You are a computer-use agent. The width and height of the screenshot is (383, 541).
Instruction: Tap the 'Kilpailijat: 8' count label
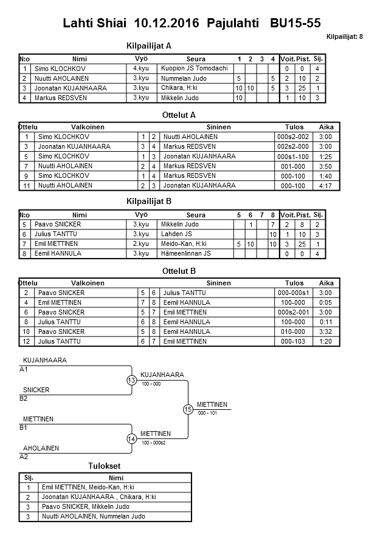pyautogui.click(x=345, y=36)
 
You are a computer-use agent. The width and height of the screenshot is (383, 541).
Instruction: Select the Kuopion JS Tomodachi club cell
pyautogui.click(x=194, y=69)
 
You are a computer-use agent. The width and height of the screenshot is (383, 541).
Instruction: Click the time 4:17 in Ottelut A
pyautogui.click(x=326, y=185)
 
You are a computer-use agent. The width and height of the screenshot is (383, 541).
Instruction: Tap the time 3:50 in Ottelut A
pyautogui.click(x=326, y=166)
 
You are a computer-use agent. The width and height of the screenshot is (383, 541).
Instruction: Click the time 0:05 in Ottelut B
pyautogui.click(x=326, y=302)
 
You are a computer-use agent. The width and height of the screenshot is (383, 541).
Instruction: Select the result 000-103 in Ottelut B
pyautogui.click(x=294, y=341)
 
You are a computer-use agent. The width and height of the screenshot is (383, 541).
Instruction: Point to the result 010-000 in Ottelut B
pyautogui.click(x=294, y=332)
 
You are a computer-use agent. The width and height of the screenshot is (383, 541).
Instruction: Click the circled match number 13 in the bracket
pyautogui.click(x=131, y=380)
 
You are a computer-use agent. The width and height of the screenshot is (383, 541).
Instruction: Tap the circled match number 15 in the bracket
pyautogui.click(x=187, y=409)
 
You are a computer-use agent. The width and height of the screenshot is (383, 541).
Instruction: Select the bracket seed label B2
pyautogui.click(x=24, y=398)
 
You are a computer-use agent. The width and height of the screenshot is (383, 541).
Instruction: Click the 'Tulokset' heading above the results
pyautogui.click(x=105, y=466)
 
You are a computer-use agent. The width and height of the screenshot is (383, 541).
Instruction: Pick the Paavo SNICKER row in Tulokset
pyautogui.click(x=85, y=506)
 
